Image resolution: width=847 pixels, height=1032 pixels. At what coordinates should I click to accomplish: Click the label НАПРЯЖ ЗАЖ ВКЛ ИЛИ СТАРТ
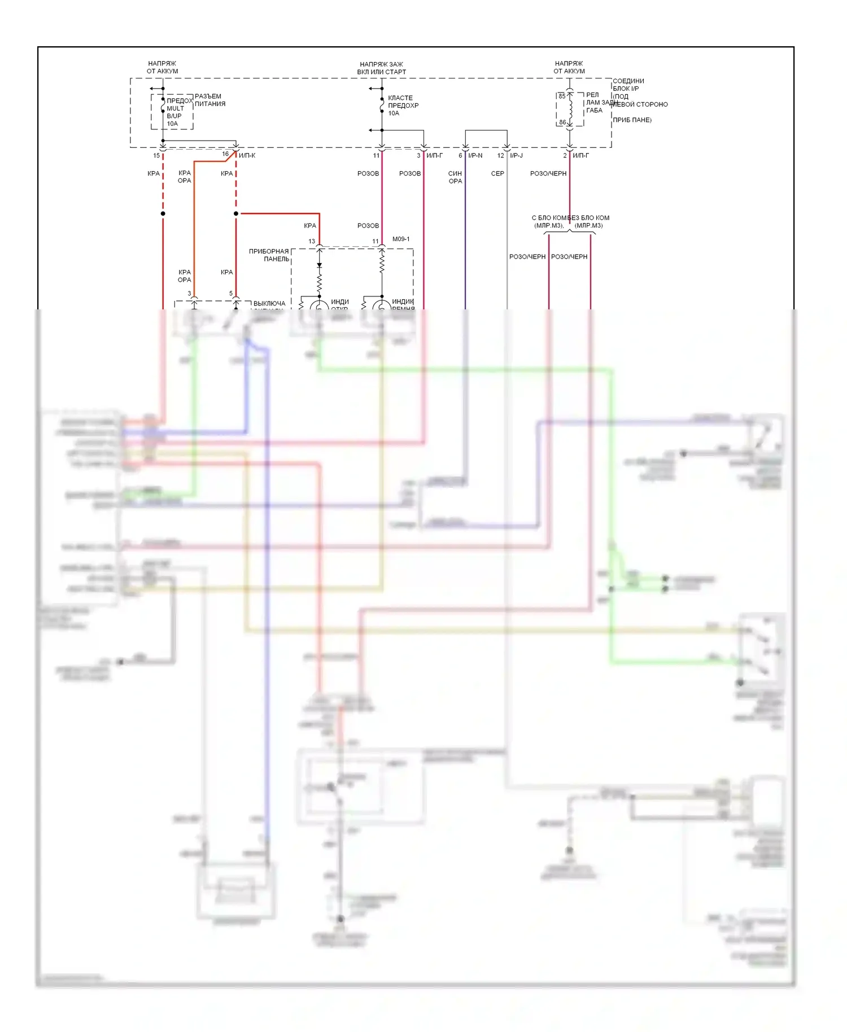381,68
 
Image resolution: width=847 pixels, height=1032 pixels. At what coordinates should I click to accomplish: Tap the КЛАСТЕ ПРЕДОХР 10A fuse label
403,106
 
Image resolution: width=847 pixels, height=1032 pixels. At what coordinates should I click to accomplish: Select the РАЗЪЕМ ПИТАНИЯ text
209,100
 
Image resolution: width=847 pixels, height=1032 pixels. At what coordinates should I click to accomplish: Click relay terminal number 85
562,96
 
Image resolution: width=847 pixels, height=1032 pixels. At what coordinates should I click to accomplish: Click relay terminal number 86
562,122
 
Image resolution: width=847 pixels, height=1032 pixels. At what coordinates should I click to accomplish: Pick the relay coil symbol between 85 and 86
570,110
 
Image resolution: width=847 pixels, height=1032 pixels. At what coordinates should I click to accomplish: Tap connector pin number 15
156,156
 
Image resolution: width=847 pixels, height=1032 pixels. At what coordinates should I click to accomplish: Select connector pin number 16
225,154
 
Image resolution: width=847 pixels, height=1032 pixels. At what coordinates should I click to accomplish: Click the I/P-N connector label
475,156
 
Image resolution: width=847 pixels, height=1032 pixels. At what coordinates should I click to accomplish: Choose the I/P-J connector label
516,156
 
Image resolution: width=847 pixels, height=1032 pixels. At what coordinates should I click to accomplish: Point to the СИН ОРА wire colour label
455,177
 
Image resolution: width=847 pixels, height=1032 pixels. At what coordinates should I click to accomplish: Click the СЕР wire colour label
497,174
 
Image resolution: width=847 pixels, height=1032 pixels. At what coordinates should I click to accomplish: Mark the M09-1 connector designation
401,239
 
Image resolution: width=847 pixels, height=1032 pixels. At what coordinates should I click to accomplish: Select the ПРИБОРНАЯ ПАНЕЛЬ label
269,255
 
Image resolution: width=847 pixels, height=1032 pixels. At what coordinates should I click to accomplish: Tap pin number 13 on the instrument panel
312,242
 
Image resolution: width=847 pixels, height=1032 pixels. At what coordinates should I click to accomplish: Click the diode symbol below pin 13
320,265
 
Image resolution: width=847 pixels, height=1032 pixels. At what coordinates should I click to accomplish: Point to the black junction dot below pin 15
163,213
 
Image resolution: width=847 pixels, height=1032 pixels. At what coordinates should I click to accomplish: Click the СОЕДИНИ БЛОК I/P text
628,85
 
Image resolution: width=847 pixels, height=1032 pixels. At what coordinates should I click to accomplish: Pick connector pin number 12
500,156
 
